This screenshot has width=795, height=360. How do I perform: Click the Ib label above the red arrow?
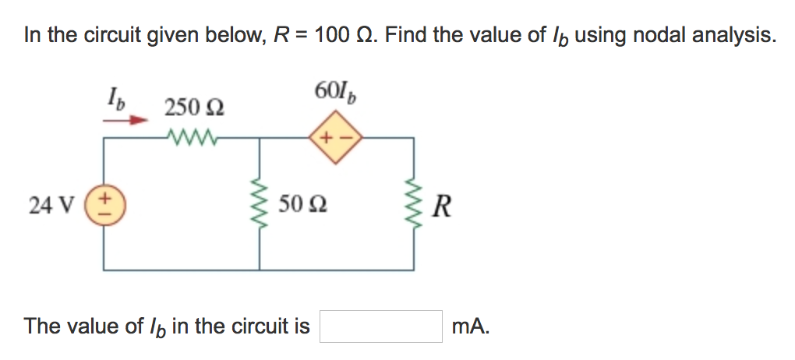click(115, 101)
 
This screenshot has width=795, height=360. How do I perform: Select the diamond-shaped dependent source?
click(336, 139)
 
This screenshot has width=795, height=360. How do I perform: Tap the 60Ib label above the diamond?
click(337, 91)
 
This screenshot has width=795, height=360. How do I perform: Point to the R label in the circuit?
click(440, 207)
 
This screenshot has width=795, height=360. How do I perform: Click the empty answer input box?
click(381, 326)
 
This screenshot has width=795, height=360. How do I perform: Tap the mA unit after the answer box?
click(470, 326)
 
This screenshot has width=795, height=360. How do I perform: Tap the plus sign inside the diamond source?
click(327, 140)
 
